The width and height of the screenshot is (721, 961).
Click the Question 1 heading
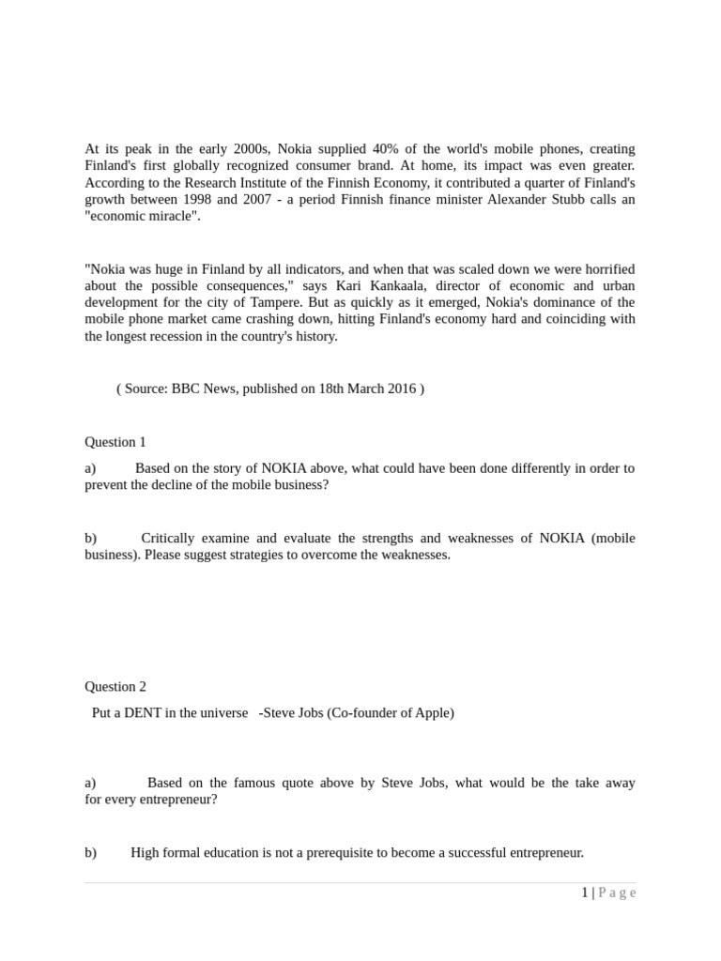coord(115,442)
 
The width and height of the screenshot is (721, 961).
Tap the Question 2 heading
coord(115,687)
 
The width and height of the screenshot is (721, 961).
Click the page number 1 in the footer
coord(585,893)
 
